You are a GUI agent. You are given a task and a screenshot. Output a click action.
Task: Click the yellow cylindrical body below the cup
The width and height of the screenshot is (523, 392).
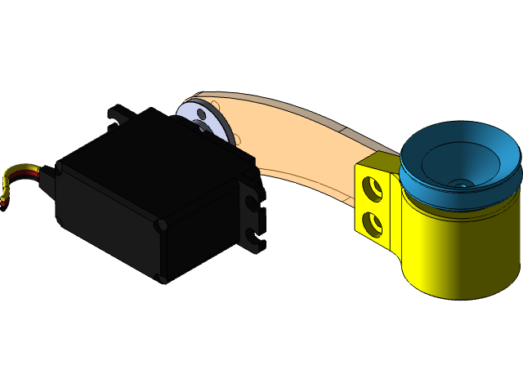(x=458, y=253)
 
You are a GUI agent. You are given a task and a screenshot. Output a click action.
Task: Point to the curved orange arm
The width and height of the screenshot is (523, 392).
(x=302, y=147)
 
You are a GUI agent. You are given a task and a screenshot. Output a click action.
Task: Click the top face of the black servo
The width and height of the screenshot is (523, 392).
(x=155, y=163)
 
